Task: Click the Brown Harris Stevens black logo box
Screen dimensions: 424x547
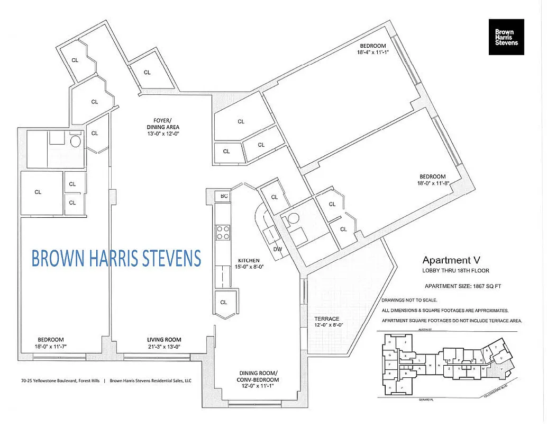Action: pyautogui.click(x=506, y=37)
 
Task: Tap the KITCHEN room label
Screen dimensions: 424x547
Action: pyautogui.click(x=248, y=260)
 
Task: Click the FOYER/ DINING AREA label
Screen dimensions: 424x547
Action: pyautogui.click(x=163, y=123)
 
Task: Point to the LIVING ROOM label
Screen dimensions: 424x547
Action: pyautogui.click(x=164, y=340)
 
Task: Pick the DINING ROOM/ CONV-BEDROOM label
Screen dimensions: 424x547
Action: pyautogui.click(x=258, y=376)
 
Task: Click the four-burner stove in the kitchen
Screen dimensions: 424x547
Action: pyautogui.click(x=222, y=233)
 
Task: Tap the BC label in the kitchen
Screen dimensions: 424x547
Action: pyautogui.click(x=224, y=196)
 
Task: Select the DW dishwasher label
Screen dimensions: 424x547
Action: pyautogui.click(x=278, y=249)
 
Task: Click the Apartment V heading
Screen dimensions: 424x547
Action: pyautogui.click(x=446, y=260)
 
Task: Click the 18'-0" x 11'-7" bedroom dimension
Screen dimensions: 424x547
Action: pyautogui.click(x=51, y=347)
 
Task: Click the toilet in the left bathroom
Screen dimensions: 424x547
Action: pyautogui.click(x=75, y=142)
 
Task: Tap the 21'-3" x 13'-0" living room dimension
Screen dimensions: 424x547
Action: pyautogui.click(x=164, y=347)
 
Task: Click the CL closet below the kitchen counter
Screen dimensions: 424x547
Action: pyautogui.click(x=224, y=302)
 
